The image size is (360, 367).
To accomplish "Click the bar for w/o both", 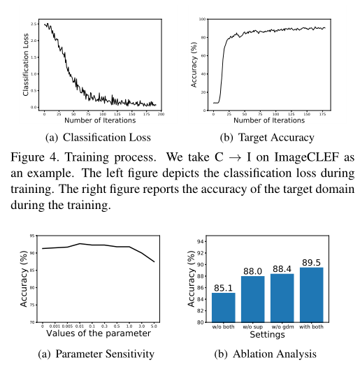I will coord(224,308).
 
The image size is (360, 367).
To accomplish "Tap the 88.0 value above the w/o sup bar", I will coord(253,271).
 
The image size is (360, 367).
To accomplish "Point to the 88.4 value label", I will coord(282,268).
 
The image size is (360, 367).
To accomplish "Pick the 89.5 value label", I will coord(312,262).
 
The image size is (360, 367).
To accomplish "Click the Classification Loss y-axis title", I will coord(26,65).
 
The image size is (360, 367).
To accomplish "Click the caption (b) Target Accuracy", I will coord(268,138).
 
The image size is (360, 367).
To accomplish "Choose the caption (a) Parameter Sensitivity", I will coord(99,354).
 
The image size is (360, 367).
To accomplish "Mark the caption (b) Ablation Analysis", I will coord(268,354).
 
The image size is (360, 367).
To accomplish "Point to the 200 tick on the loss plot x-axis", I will coord(161,114).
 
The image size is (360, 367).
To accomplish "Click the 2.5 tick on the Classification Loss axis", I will coord(34,24).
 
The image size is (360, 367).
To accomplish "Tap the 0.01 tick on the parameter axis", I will coord(81,327).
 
